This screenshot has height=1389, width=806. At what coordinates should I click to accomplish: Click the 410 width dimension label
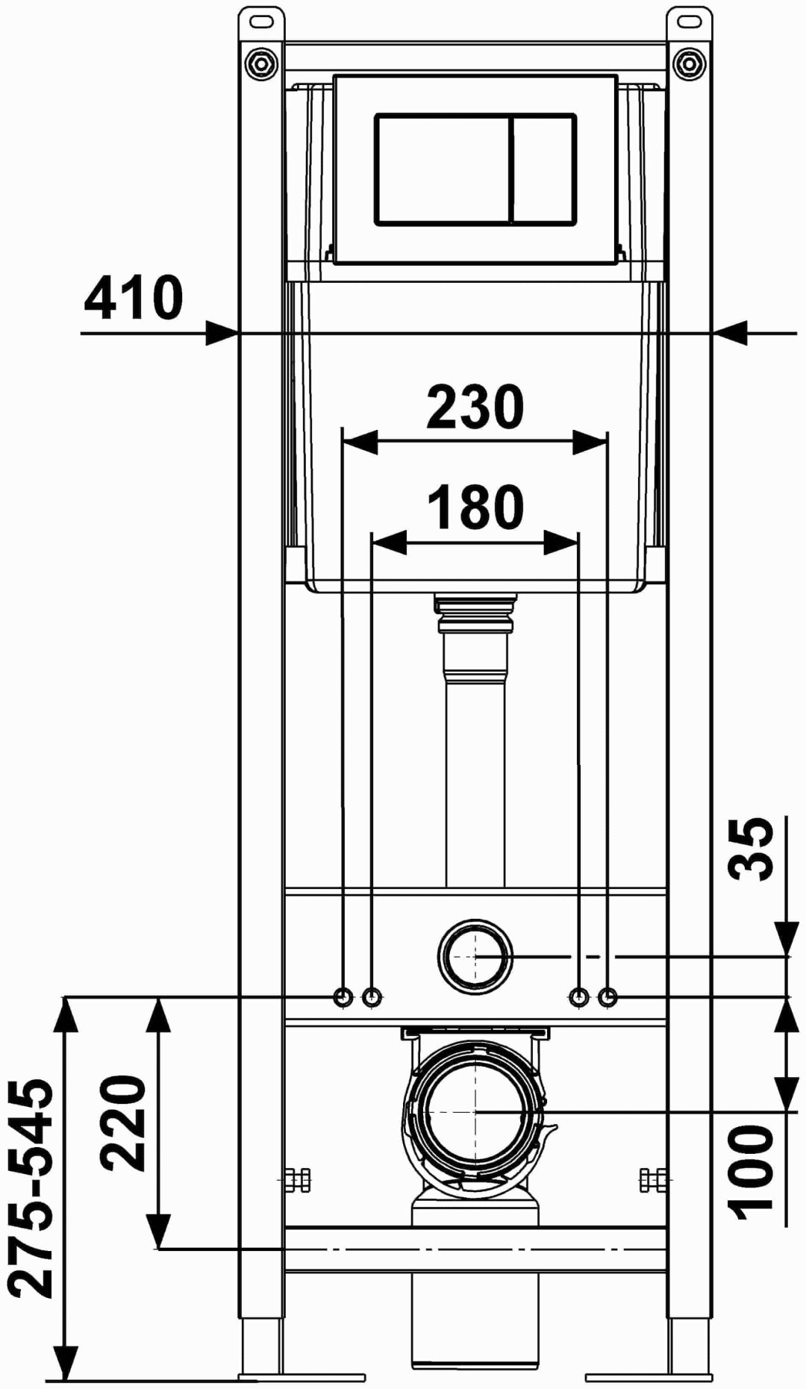coord(133,298)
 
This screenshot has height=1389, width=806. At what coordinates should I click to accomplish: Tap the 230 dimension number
coord(475,407)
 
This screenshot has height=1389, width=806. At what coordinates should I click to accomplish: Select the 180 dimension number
coord(475,507)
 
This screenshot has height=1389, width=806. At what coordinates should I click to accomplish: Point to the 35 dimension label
coord(752,849)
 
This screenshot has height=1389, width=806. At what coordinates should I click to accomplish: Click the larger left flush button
coord(443,169)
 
